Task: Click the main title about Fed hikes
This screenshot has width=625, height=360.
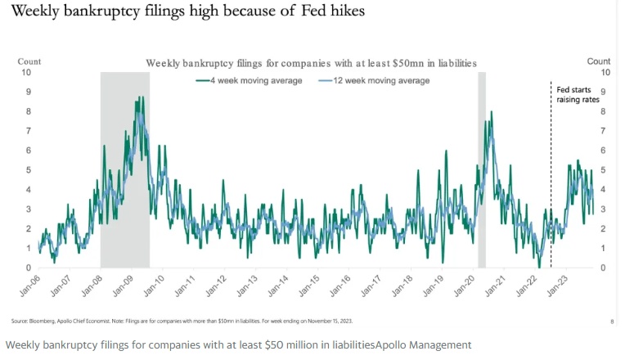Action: point(184,12)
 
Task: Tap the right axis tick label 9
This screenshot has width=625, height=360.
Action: point(603,92)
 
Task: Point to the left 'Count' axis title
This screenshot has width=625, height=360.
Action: point(29,61)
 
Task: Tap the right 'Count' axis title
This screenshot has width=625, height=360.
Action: point(599,61)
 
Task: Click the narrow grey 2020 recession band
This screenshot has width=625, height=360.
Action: point(482,164)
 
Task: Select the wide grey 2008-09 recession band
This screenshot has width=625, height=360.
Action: point(125,164)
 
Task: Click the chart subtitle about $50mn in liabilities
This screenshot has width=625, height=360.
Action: point(311,63)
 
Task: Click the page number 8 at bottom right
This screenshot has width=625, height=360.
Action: point(612,322)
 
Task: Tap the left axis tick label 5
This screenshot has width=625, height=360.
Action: point(28,170)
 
